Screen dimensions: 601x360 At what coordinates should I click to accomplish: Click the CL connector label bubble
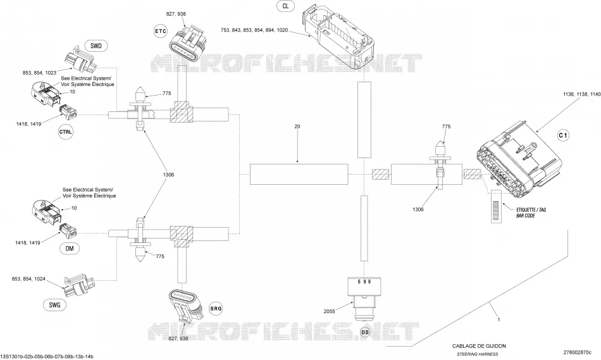pyautogui.click(x=285, y=6)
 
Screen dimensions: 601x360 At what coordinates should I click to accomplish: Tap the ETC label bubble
pyautogui.click(x=161, y=31)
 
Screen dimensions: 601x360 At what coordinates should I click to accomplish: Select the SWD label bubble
pyautogui.click(x=96, y=46)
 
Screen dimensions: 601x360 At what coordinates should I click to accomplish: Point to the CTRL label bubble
pyautogui.click(x=66, y=132)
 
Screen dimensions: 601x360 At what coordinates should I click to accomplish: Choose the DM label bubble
pyautogui.click(x=70, y=249)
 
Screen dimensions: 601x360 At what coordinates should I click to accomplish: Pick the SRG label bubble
pyautogui.click(x=216, y=308)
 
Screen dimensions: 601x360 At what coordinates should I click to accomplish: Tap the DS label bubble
pyautogui.click(x=365, y=332)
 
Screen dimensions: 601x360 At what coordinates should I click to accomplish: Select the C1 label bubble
pyautogui.click(x=563, y=135)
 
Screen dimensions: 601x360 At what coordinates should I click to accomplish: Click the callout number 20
pyautogui.click(x=297, y=126)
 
